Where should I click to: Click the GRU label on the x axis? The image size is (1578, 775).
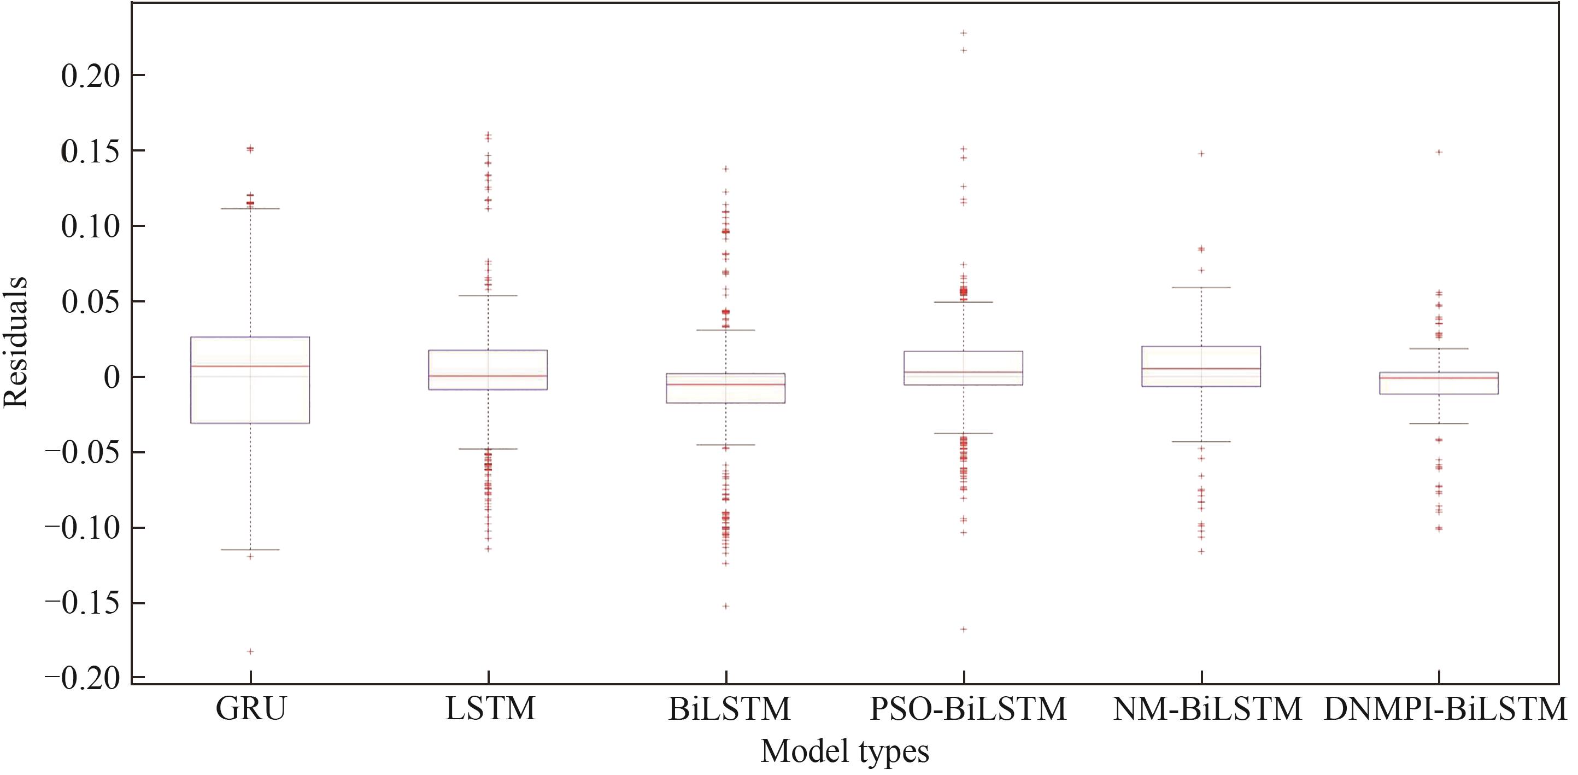tap(250, 709)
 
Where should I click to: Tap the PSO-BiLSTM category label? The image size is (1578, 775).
tap(968, 709)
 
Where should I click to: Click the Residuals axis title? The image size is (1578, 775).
tap(15, 342)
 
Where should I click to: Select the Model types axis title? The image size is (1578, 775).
tap(844, 751)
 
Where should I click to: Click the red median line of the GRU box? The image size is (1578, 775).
tap(250, 366)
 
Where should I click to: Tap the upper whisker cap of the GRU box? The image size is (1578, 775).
tap(250, 208)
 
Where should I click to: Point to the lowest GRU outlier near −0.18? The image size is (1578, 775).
tap(250, 651)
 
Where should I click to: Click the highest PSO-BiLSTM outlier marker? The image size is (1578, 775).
tap(964, 32)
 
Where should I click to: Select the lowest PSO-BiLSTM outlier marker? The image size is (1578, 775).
tap(964, 629)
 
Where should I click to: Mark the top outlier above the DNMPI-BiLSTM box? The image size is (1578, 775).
tap(1440, 152)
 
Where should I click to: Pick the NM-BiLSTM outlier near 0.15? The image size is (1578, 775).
tap(1201, 153)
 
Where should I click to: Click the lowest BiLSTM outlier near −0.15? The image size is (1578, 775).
tap(726, 606)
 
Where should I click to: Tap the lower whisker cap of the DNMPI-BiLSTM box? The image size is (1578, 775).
tap(1439, 424)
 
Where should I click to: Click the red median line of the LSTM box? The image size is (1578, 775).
tap(488, 376)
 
